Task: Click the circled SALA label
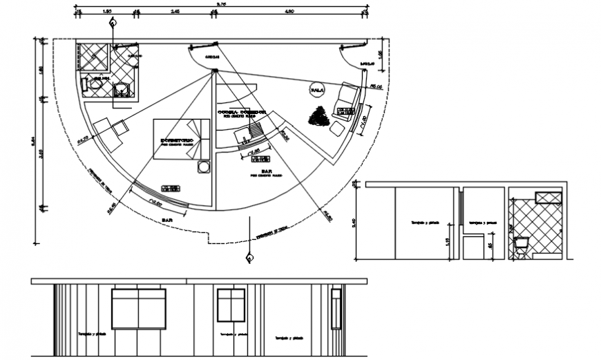click(x=317, y=91)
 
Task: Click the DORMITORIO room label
click(x=175, y=140)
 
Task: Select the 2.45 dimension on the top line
click(x=175, y=12)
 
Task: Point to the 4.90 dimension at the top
click(x=290, y=12)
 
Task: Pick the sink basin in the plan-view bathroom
click(x=89, y=84)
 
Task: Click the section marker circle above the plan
click(x=112, y=22)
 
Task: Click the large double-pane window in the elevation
click(x=139, y=308)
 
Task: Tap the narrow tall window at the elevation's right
click(x=336, y=308)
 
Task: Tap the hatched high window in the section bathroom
click(x=548, y=198)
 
